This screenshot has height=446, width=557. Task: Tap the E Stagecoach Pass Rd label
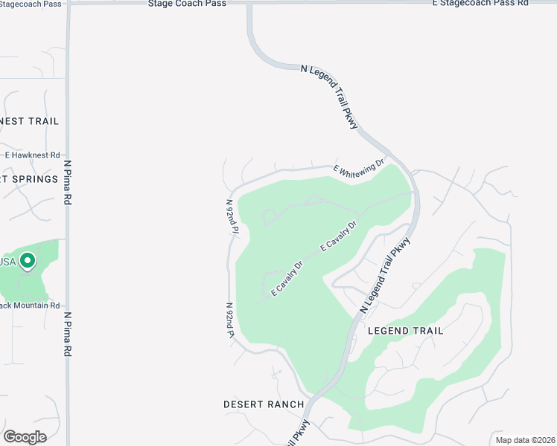click(480, 4)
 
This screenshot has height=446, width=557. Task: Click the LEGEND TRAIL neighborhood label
click(405, 331)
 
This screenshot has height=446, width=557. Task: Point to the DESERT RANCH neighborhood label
click(264, 404)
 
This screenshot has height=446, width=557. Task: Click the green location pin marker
click(28, 262)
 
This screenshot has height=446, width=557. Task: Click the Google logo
click(25, 436)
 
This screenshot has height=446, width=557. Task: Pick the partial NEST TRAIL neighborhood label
click(30, 121)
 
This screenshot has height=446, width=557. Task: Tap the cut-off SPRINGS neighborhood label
click(30, 179)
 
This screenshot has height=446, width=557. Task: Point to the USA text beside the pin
click(7, 262)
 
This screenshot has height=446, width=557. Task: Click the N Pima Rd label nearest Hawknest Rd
click(67, 182)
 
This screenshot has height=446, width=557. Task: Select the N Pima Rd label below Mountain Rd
click(67, 334)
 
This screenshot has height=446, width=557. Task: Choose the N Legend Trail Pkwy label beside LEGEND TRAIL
click(386, 274)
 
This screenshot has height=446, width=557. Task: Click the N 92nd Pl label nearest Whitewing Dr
click(232, 216)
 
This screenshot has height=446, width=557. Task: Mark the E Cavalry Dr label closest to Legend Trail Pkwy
click(340, 234)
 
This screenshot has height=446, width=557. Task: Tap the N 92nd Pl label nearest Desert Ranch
click(231, 320)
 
